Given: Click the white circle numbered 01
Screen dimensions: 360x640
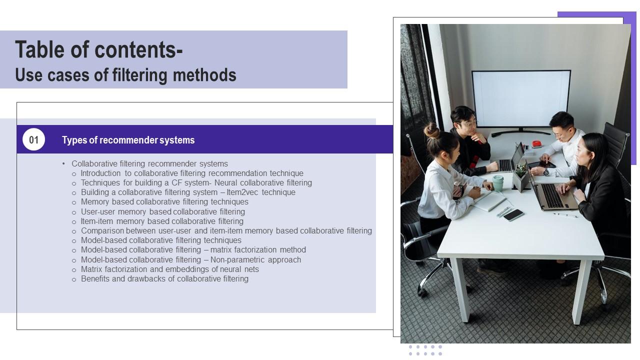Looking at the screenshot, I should coord(33,139).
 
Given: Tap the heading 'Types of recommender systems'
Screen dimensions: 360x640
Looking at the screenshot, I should coord(128,140).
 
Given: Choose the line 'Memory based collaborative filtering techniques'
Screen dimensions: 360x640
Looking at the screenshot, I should coord(164,202).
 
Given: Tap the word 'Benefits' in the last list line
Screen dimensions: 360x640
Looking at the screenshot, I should coord(95,279).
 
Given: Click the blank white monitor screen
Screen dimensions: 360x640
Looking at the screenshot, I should coord(521,99).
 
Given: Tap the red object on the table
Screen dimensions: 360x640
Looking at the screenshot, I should coord(536,144).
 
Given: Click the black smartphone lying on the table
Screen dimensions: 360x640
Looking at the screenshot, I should coord(513,215).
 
